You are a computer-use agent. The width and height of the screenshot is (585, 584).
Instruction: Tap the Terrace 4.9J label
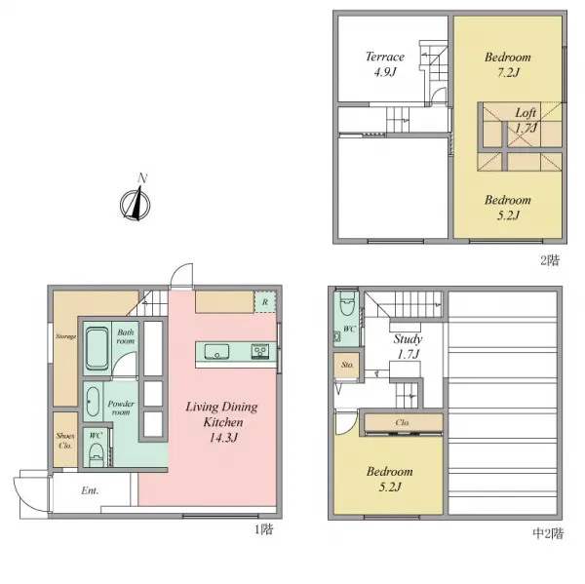384,63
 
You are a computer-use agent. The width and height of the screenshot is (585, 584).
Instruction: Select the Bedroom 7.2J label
508,64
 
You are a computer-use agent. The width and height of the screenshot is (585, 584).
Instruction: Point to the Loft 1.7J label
526,120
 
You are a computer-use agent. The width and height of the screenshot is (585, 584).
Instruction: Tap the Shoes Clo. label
65,441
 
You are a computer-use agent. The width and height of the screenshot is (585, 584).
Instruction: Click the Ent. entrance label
89,490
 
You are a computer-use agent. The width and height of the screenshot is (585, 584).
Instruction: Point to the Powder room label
122,408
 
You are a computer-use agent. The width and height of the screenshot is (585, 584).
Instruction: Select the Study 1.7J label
408,347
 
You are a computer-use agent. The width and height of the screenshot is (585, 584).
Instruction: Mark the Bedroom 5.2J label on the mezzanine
389,479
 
